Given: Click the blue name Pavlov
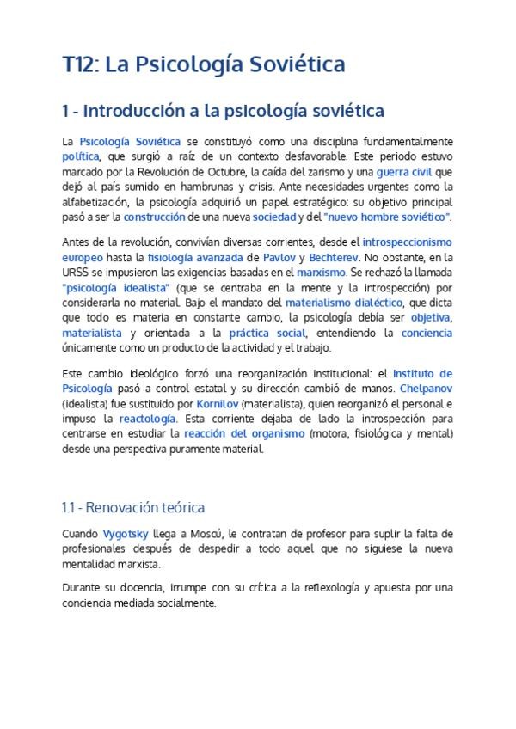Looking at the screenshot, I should click(276, 257).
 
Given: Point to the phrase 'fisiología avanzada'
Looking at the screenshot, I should click(195, 257).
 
